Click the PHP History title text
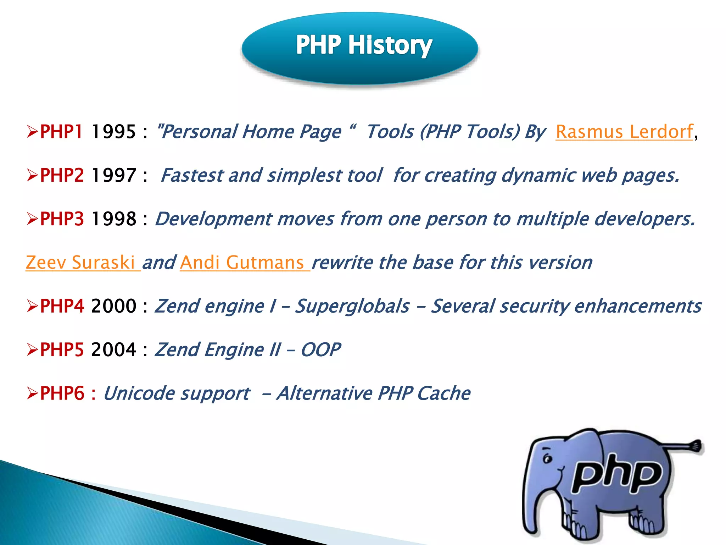364,45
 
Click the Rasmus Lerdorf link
624,132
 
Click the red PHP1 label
61,132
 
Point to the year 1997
113,175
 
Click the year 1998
113,219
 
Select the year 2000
113,306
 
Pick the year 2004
113,350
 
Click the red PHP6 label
62,393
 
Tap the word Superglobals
352,306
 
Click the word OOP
320,350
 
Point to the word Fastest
192,175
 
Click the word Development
214,219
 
